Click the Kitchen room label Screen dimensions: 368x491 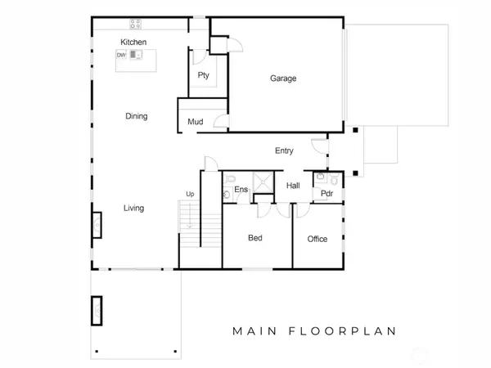pos(133,42)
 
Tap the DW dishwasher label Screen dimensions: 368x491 pos(121,55)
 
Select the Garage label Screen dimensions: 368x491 pos(283,79)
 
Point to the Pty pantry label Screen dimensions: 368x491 pos(204,75)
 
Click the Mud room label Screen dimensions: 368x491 pos(195,122)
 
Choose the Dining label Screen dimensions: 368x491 pos(136,116)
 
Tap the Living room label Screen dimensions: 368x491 pos(133,208)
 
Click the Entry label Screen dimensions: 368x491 pos(284,150)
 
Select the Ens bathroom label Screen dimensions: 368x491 pos(241,190)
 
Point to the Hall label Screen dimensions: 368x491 pos(292,186)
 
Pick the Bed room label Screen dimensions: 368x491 pos(255,239)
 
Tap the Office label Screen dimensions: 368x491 pos(317,239)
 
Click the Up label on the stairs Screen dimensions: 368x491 pos(191,194)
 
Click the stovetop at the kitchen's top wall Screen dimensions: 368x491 pos(135,24)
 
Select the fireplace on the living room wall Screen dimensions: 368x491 pos(95,224)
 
